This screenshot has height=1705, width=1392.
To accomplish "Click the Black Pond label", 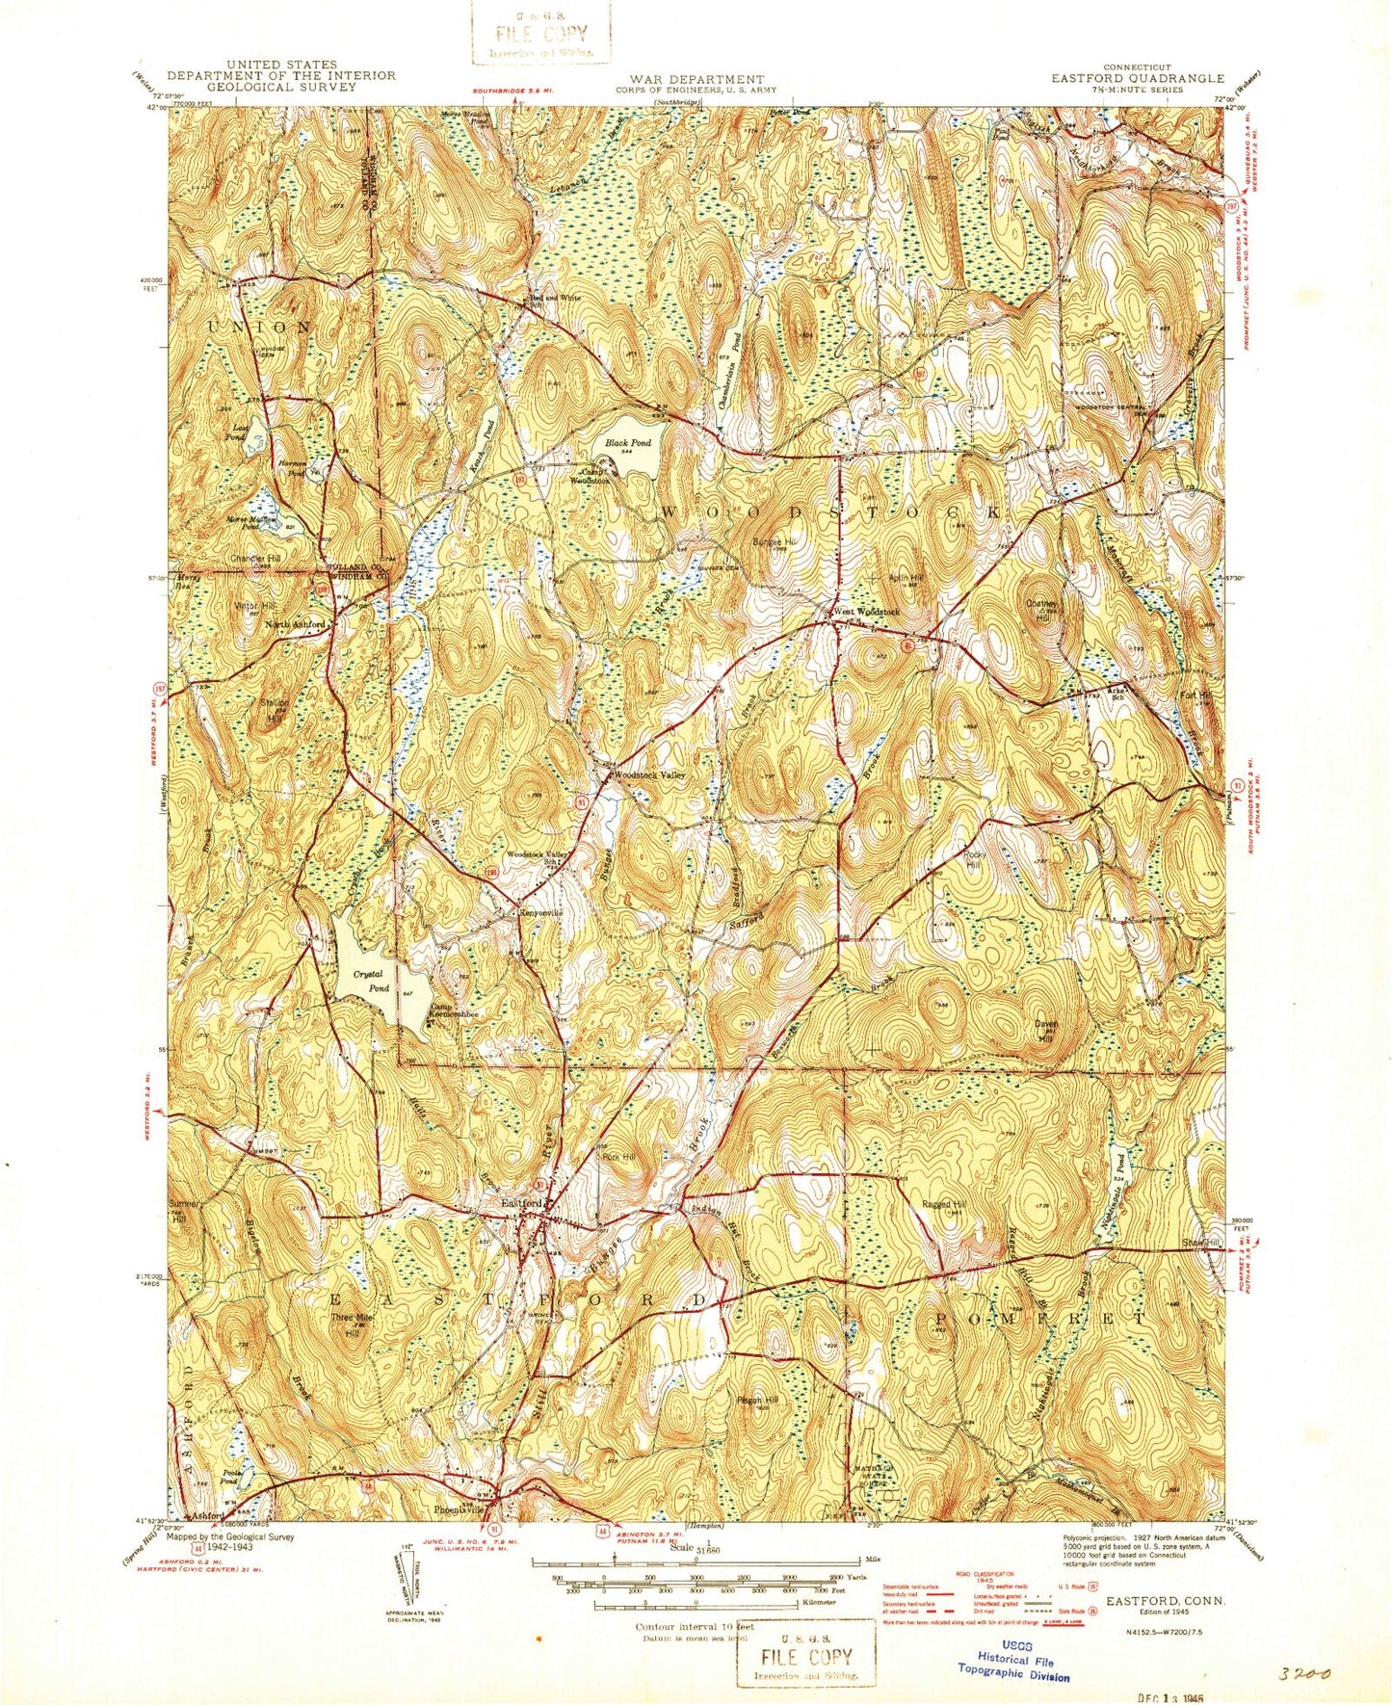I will coord(628,443).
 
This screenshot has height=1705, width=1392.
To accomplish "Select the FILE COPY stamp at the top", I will coord(541,32).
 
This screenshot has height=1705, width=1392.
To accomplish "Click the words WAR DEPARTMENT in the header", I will coord(697,79).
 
